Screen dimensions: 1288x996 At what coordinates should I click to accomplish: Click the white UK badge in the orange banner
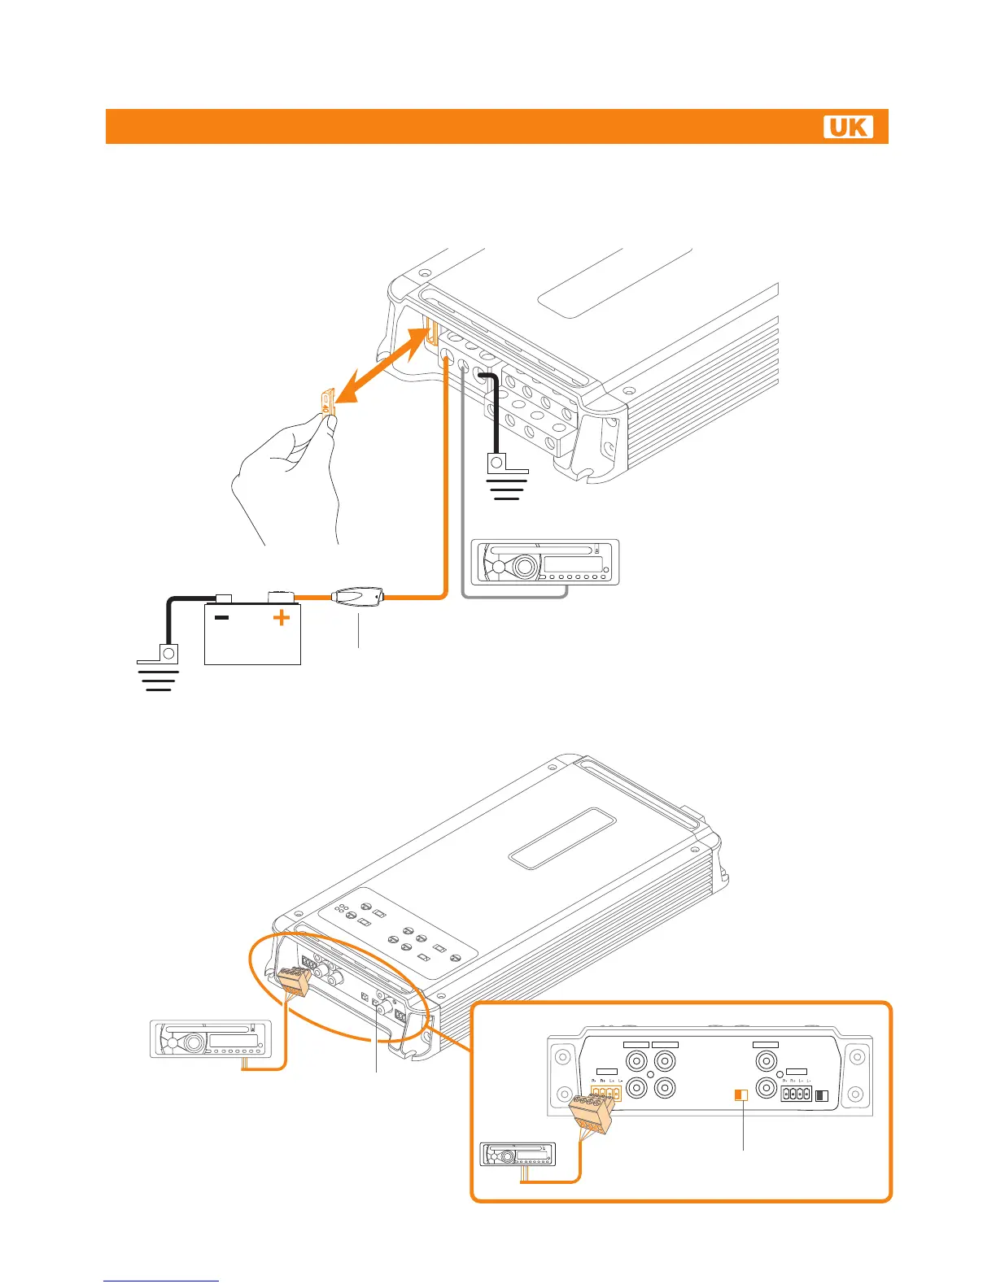point(848,127)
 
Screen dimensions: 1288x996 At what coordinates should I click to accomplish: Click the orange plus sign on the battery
point(281,618)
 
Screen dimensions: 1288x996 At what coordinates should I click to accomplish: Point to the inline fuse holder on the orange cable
point(356,598)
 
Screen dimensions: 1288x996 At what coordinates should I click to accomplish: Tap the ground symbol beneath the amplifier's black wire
point(506,488)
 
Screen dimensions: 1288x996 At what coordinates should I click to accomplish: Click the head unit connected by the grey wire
point(545,562)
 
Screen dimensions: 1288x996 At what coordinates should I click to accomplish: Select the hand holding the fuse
point(286,480)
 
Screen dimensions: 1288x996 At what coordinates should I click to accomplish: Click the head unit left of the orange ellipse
point(209,1038)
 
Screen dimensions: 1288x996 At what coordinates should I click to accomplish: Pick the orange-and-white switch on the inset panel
point(740,1095)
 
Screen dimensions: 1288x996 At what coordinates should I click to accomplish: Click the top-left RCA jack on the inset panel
point(636,1061)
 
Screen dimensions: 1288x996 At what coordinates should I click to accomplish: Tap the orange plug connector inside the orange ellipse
point(293,981)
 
